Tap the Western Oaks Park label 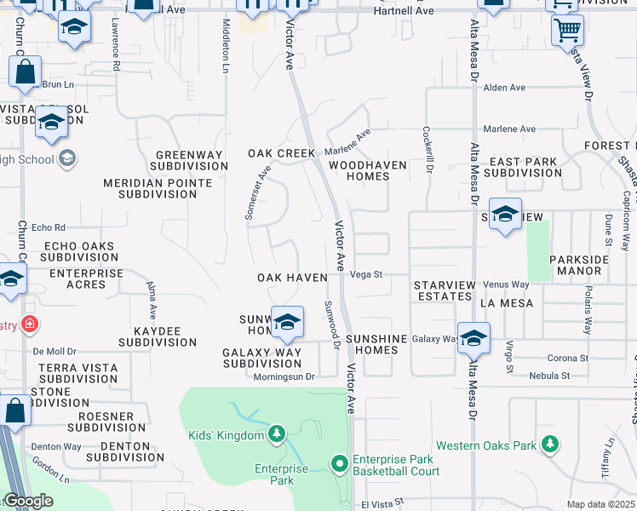[x=486, y=445]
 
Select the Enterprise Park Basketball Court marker [x=339, y=464]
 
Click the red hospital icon [x=30, y=324]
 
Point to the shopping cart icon [x=566, y=31]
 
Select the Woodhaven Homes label [x=359, y=169]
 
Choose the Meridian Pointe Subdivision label [x=158, y=188]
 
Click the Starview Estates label [x=443, y=290]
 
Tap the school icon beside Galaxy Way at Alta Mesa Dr [x=473, y=338]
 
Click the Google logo [x=28, y=501]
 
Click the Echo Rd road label [x=48, y=228]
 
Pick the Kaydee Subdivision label [x=158, y=336]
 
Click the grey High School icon [x=67, y=158]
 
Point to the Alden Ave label [x=504, y=88]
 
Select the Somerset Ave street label [x=257, y=192]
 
